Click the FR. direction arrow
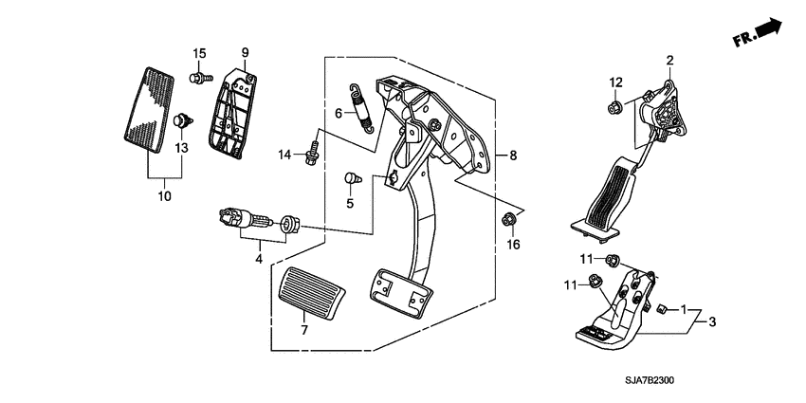point(758,33)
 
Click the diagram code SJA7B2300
point(650,381)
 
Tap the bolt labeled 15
point(201,78)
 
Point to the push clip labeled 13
point(182,120)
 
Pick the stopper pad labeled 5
point(352,178)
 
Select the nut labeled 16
point(508,219)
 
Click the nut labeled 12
point(614,107)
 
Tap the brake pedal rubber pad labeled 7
point(312,294)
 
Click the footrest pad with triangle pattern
point(149,110)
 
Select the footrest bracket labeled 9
point(233,114)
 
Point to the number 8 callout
point(512,155)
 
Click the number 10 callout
point(164,196)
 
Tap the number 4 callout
point(259,259)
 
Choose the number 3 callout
point(712,321)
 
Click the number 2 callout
point(669,60)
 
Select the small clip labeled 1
point(662,308)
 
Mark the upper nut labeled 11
point(612,261)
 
